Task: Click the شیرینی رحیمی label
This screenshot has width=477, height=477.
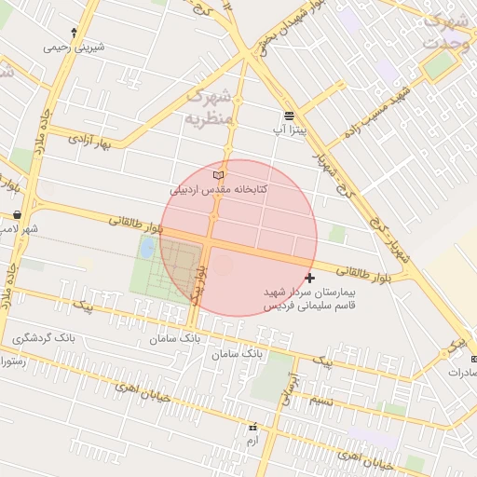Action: point(74,46)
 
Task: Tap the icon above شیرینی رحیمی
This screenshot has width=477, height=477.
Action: point(74,32)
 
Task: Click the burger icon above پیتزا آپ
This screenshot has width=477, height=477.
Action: point(290,116)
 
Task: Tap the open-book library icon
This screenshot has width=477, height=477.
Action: point(219,175)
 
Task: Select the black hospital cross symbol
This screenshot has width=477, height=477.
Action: point(309,278)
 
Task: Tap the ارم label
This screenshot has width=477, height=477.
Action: point(252,439)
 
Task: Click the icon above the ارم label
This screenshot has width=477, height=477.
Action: point(252,427)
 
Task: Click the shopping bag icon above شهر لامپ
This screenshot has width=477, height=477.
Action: point(17,215)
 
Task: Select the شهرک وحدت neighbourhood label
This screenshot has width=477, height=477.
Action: point(444,30)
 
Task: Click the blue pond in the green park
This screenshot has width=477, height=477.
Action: point(147,248)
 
